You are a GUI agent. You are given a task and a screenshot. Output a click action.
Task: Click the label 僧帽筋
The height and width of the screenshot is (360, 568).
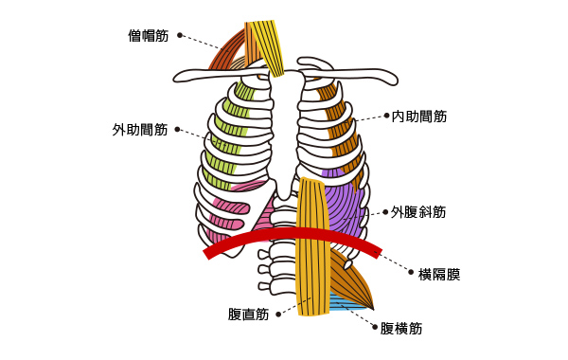[x=149, y=35]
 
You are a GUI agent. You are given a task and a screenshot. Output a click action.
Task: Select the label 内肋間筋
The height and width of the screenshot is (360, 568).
[x=419, y=117]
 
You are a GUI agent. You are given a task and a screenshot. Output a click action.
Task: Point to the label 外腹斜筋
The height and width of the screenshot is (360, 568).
[x=419, y=213]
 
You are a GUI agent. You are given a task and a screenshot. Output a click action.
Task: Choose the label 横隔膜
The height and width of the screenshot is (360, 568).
[x=439, y=275]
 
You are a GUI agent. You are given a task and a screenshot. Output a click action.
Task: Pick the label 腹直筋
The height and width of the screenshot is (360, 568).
[x=249, y=315]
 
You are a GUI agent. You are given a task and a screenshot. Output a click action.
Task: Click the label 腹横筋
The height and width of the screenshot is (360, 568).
[x=401, y=329]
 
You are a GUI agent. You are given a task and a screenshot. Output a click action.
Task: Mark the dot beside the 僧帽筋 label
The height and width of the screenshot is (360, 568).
[x=180, y=35]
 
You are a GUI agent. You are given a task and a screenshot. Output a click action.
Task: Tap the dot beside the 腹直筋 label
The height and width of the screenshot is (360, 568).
[x=278, y=315]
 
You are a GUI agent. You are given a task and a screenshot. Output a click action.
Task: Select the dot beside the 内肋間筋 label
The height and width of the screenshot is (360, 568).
[x=386, y=117]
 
